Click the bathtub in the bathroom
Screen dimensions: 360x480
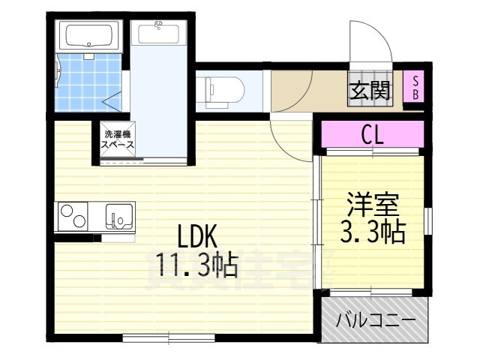tap(88, 35)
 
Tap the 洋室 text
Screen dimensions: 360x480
tap(372, 205)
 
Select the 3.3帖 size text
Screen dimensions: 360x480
tap(372, 232)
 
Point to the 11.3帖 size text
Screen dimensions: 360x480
tap(197, 264)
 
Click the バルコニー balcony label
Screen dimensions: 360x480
tap(375, 321)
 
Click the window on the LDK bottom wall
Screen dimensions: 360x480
tap(168, 338)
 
